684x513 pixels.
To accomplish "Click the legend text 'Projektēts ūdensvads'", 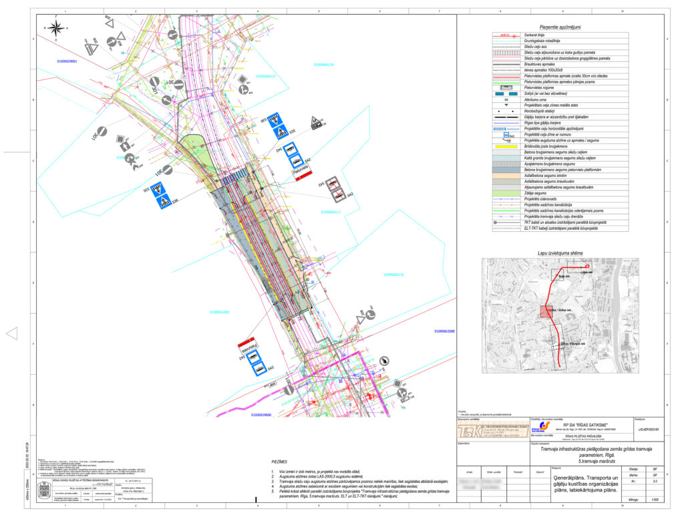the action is (x=541, y=199).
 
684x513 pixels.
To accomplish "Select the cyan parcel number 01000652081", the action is (x=219, y=312).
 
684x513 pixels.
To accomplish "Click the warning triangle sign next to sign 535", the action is (x=316, y=122).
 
